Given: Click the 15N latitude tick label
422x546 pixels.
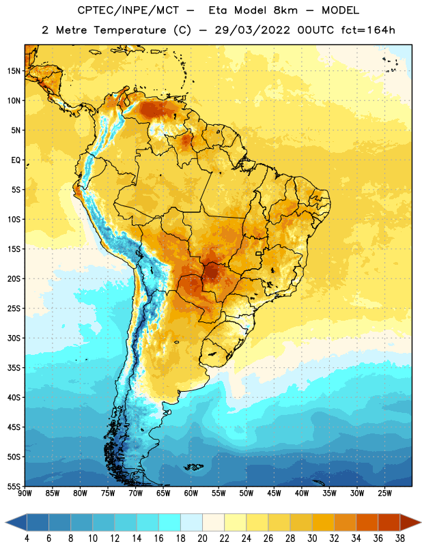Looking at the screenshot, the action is [x=14, y=71].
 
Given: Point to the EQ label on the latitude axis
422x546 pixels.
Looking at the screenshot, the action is [x=16, y=160].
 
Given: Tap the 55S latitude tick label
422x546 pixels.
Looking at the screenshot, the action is [x=14, y=486].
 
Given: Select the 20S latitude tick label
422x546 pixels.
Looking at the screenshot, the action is [x=14, y=279].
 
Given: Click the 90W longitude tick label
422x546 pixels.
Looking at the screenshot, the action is [x=25, y=493].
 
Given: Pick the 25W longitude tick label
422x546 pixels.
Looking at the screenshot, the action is [x=384, y=493].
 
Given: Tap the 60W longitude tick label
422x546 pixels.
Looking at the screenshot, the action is [x=191, y=493].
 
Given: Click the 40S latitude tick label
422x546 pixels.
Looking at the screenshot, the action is [x=14, y=397].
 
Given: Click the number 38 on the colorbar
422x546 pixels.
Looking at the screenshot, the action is [x=400, y=538].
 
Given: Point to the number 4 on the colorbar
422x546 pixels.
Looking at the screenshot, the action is [x=27, y=538].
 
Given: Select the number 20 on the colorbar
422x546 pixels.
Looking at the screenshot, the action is [x=202, y=538].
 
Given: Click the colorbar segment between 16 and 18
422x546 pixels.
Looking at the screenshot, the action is [x=169, y=523].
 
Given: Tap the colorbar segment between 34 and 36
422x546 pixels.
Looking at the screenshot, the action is [x=367, y=523].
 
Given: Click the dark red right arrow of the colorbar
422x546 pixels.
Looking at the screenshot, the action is [x=410, y=523].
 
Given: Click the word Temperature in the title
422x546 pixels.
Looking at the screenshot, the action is [x=130, y=30].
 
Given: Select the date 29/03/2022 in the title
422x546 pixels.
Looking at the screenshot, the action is [x=252, y=30].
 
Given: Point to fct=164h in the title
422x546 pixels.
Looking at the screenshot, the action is [x=368, y=30].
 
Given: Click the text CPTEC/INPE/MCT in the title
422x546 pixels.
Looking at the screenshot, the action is [x=128, y=10].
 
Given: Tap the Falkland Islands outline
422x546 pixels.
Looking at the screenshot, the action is [x=193, y=467].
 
